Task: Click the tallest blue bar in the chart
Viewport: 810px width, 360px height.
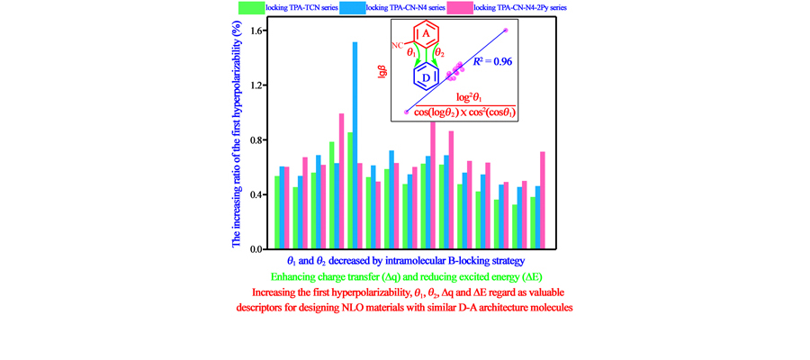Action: [x=355, y=144]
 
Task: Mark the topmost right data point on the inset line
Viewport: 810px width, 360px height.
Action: [x=506, y=31]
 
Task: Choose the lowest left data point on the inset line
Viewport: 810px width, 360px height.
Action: [x=407, y=112]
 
